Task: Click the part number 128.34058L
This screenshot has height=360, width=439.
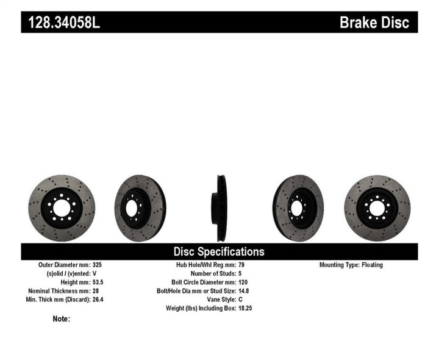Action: (x=61, y=23)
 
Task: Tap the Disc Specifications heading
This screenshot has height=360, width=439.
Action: (x=219, y=251)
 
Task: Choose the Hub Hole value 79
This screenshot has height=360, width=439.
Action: (x=241, y=265)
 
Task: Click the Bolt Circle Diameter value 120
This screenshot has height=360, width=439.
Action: (x=243, y=283)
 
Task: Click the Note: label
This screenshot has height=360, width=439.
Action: (x=62, y=319)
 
